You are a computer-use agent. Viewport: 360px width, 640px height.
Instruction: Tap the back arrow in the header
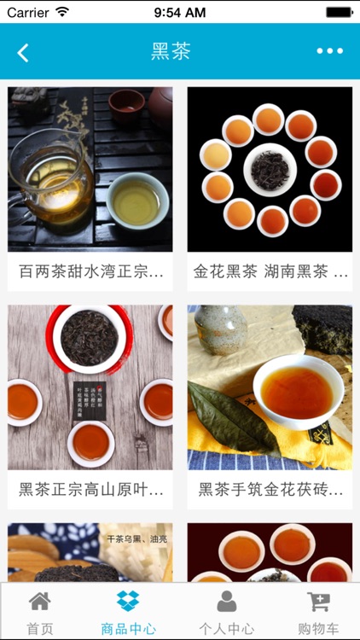pos(23,52)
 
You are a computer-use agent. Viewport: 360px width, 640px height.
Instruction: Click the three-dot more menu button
pos(329,51)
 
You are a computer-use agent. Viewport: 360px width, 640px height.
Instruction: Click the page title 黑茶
pos(171,51)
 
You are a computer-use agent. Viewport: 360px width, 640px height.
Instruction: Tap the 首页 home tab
pos(39,612)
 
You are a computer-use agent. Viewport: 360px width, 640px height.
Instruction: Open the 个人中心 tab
pos(226,612)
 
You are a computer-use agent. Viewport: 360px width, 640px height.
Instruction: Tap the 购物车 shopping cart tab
pos(319,612)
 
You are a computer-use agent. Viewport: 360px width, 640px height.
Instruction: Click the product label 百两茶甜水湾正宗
pos(90,272)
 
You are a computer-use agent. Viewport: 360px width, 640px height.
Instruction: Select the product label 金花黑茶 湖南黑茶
pos(270,272)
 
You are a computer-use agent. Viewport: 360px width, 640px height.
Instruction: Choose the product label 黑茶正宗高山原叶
pos(90,490)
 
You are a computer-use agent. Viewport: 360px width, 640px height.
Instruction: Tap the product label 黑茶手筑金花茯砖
pos(270,490)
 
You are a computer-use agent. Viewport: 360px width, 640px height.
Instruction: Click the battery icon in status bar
pos(339,12)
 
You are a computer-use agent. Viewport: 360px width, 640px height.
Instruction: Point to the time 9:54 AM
pos(179,12)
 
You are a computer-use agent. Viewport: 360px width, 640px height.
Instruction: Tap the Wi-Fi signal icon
pos(62,12)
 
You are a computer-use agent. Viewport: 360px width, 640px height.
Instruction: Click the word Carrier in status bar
pos(27,12)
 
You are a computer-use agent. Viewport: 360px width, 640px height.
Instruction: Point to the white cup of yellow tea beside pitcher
pos(137,200)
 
